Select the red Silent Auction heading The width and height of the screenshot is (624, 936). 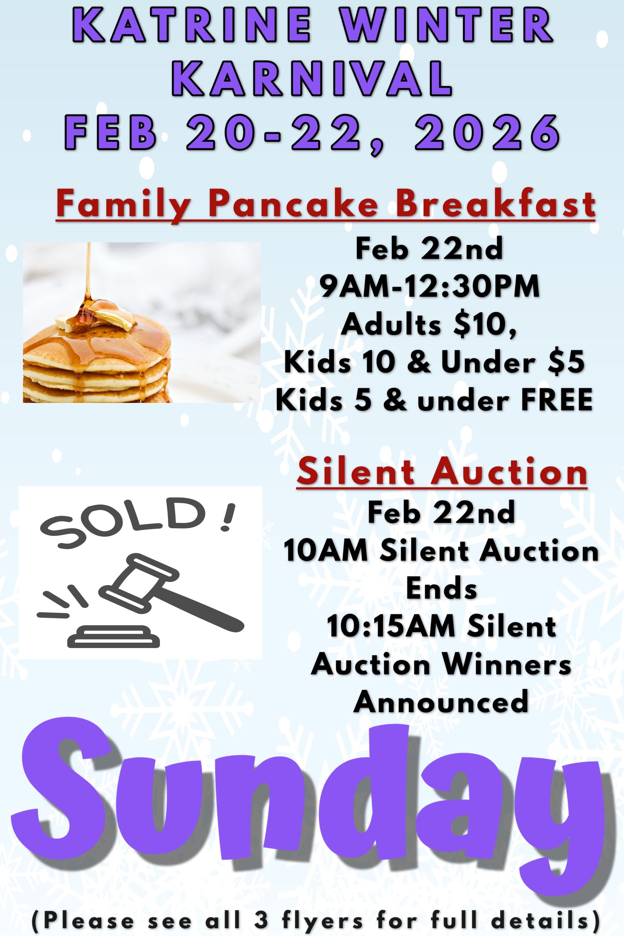pos(442,472)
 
